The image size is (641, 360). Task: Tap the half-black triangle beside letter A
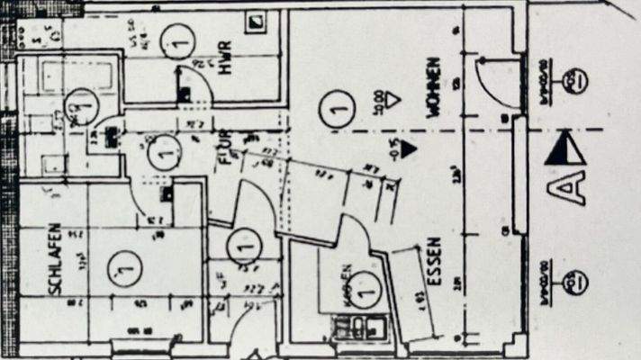(564, 149)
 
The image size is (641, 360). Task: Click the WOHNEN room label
(434, 86)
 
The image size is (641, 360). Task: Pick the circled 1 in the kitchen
(363, 288)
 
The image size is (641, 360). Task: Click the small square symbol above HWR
(259, 20)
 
